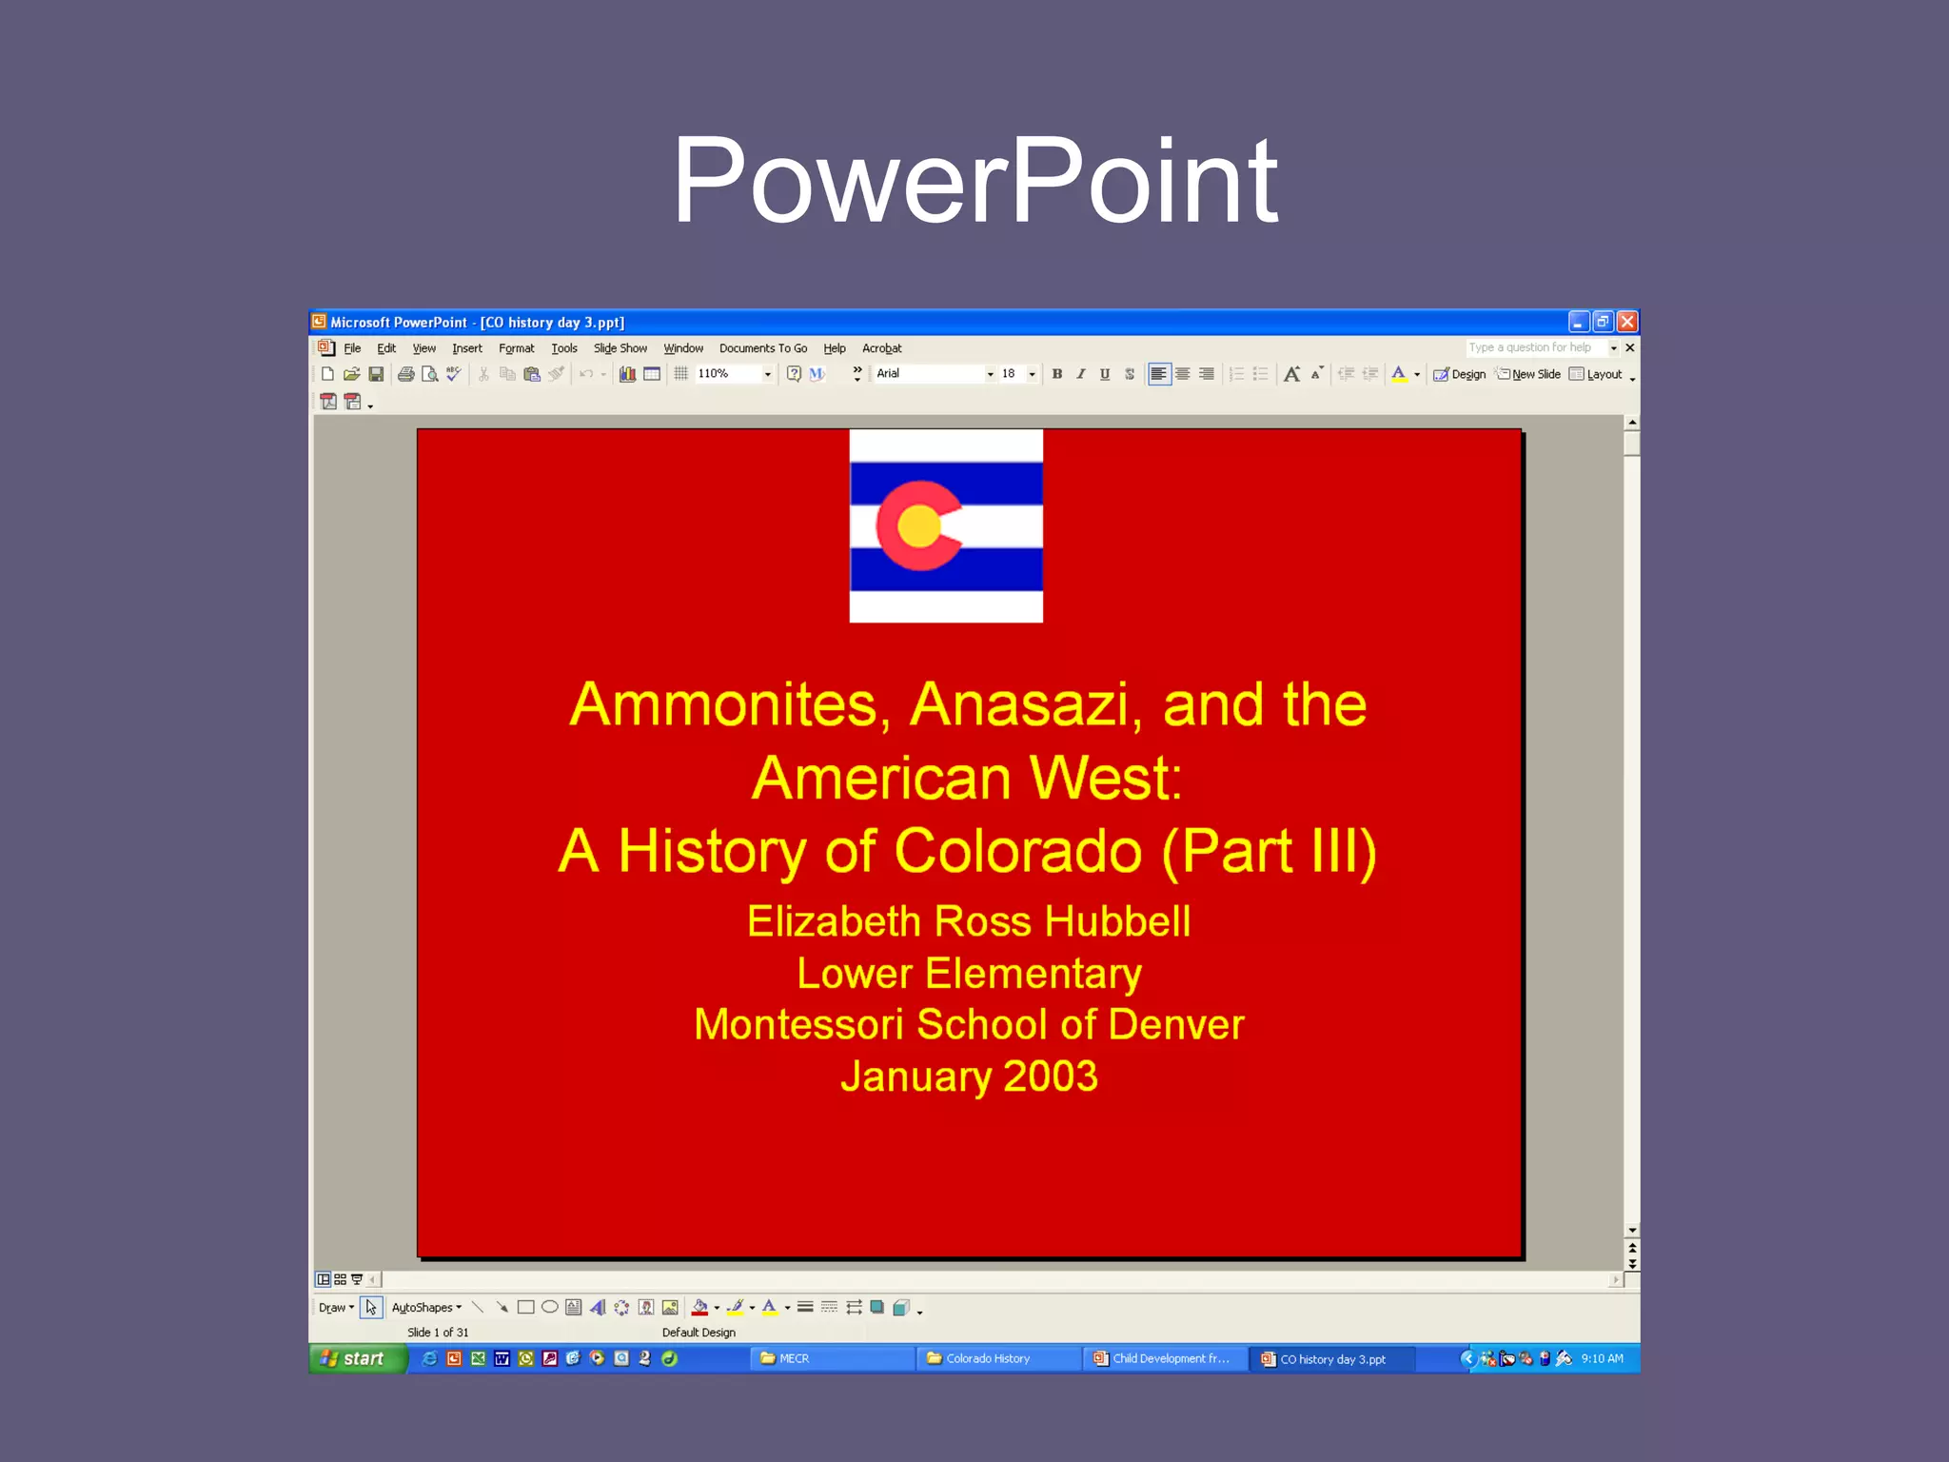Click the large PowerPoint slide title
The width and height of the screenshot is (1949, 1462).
[974, 181]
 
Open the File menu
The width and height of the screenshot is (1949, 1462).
[352, 348]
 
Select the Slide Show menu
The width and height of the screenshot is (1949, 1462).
[620, 348]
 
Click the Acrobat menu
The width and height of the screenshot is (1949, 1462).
[881, 348]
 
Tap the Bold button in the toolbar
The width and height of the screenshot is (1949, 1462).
[1056, 374]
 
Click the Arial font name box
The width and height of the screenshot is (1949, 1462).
[928, 374]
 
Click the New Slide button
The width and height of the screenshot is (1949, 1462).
[1528, 374]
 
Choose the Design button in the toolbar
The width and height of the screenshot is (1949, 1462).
[1461, 374]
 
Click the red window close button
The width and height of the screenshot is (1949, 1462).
[1627, 322]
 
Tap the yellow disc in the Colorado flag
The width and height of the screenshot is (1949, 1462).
[919, 526]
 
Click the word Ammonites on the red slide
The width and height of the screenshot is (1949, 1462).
[723, 704]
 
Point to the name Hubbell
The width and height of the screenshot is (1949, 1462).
[1117, 921]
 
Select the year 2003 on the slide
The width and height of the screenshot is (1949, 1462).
[1050, 1077]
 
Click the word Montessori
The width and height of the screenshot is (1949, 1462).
[797, 1025]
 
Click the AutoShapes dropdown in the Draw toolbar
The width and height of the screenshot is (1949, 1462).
[426, 1308]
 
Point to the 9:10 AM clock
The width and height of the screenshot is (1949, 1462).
[1602, 1358]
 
